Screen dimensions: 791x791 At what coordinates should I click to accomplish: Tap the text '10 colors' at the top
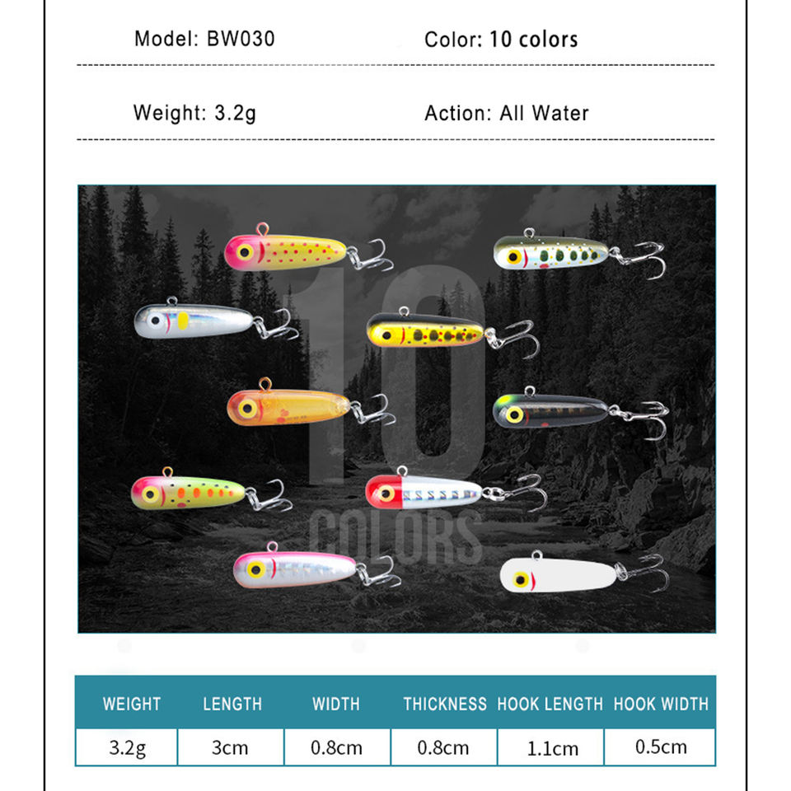click(533, 39)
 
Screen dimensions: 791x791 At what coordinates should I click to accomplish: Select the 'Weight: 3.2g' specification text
click(194, 112)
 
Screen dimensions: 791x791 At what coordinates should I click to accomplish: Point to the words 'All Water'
click(544, 113)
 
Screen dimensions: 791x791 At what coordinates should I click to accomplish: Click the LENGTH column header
click(232, 704)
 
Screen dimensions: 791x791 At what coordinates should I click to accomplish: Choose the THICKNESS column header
click(445, 704)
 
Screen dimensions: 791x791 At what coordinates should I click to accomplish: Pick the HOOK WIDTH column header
click(661, 704)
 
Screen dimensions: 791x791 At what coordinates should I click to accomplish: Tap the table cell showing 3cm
click(230, 747)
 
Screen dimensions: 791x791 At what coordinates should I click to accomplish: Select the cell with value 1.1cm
click(553, 748)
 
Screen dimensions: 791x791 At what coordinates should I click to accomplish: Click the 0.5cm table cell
click(661, 747)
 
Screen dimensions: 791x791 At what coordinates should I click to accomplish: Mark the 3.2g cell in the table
click(128, 747)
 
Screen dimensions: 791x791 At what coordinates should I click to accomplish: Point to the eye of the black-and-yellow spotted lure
click(383, 334)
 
